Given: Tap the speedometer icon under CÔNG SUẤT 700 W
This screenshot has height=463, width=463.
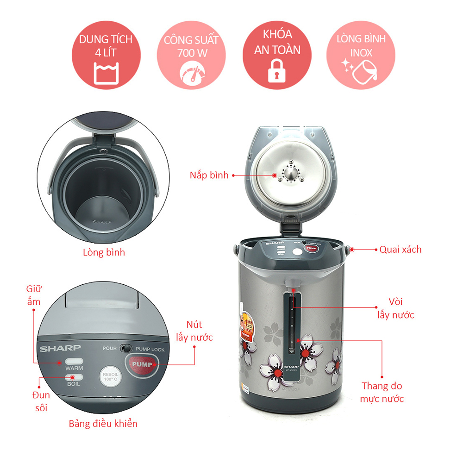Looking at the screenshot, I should [191, 73].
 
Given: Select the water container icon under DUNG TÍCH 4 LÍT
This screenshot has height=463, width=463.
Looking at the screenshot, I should [106, 73].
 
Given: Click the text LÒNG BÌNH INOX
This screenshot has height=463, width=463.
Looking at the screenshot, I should [361, 45].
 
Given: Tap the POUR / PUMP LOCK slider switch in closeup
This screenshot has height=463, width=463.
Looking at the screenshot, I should [124, 349].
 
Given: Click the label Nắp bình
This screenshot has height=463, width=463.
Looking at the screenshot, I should [209, 175].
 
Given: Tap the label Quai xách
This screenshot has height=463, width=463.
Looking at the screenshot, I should [400, 249].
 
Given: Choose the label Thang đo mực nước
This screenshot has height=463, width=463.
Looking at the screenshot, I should [382, 392].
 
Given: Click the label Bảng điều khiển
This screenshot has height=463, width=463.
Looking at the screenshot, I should [103, 424].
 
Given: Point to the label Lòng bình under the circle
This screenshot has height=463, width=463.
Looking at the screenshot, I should [104, 253].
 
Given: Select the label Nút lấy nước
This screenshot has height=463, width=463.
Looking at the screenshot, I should [194, 331].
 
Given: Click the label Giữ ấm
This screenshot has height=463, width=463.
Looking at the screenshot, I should [34, 295].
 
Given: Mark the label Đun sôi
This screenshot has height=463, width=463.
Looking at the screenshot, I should [40, 401].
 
